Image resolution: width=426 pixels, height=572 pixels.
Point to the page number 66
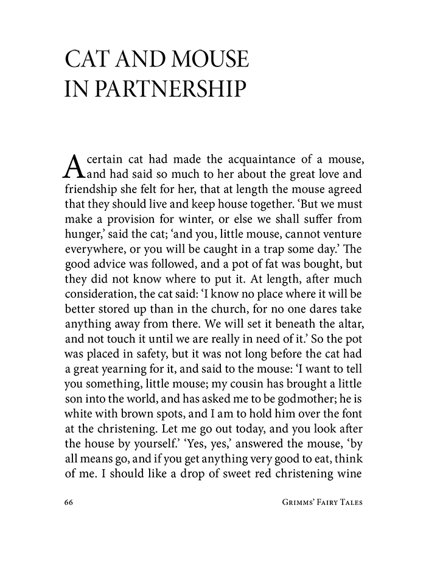pos(68,503)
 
